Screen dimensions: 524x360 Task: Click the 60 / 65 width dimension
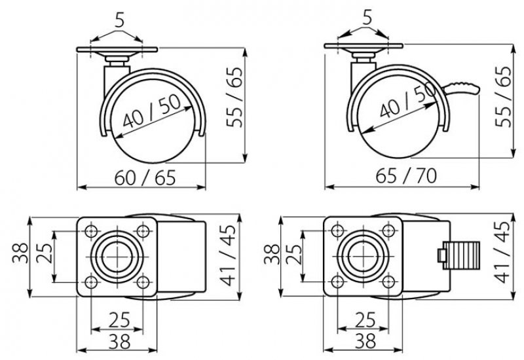point(145,177)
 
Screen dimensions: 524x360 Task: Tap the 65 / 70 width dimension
point(406,175)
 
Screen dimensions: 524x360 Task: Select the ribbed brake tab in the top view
point(458,255)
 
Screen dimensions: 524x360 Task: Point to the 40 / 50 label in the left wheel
point(152,112)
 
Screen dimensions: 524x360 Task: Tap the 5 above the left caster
point(120,21)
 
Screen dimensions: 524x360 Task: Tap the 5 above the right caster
point(367,18)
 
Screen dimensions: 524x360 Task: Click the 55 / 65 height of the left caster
point(234,97)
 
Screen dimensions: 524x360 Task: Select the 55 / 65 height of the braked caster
point(503,96)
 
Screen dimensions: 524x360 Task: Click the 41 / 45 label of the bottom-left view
point(229,255)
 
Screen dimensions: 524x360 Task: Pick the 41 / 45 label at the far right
point(503,252)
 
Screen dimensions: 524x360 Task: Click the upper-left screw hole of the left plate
point(91,230)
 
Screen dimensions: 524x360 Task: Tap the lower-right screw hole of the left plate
point(143,282)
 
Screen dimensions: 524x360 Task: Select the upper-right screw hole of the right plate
point(388,230)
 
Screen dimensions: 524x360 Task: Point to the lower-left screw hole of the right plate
point(338,282)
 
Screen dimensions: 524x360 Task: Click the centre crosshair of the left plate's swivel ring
point(117,257)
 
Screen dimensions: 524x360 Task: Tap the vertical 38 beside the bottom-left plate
point(20,253)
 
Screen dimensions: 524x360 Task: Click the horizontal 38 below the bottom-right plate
point(365,341)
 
